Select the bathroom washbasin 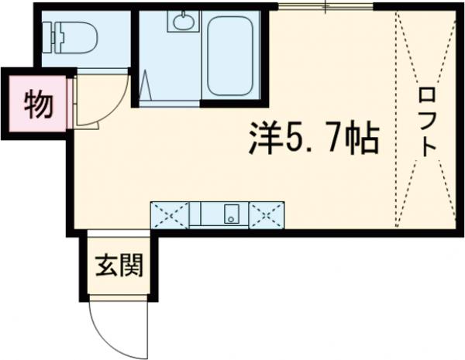point(183,22)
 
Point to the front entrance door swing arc point(108,325)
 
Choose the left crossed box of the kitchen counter point(170,213)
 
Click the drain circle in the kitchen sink point(230,218)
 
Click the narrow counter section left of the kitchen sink point(196,213)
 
